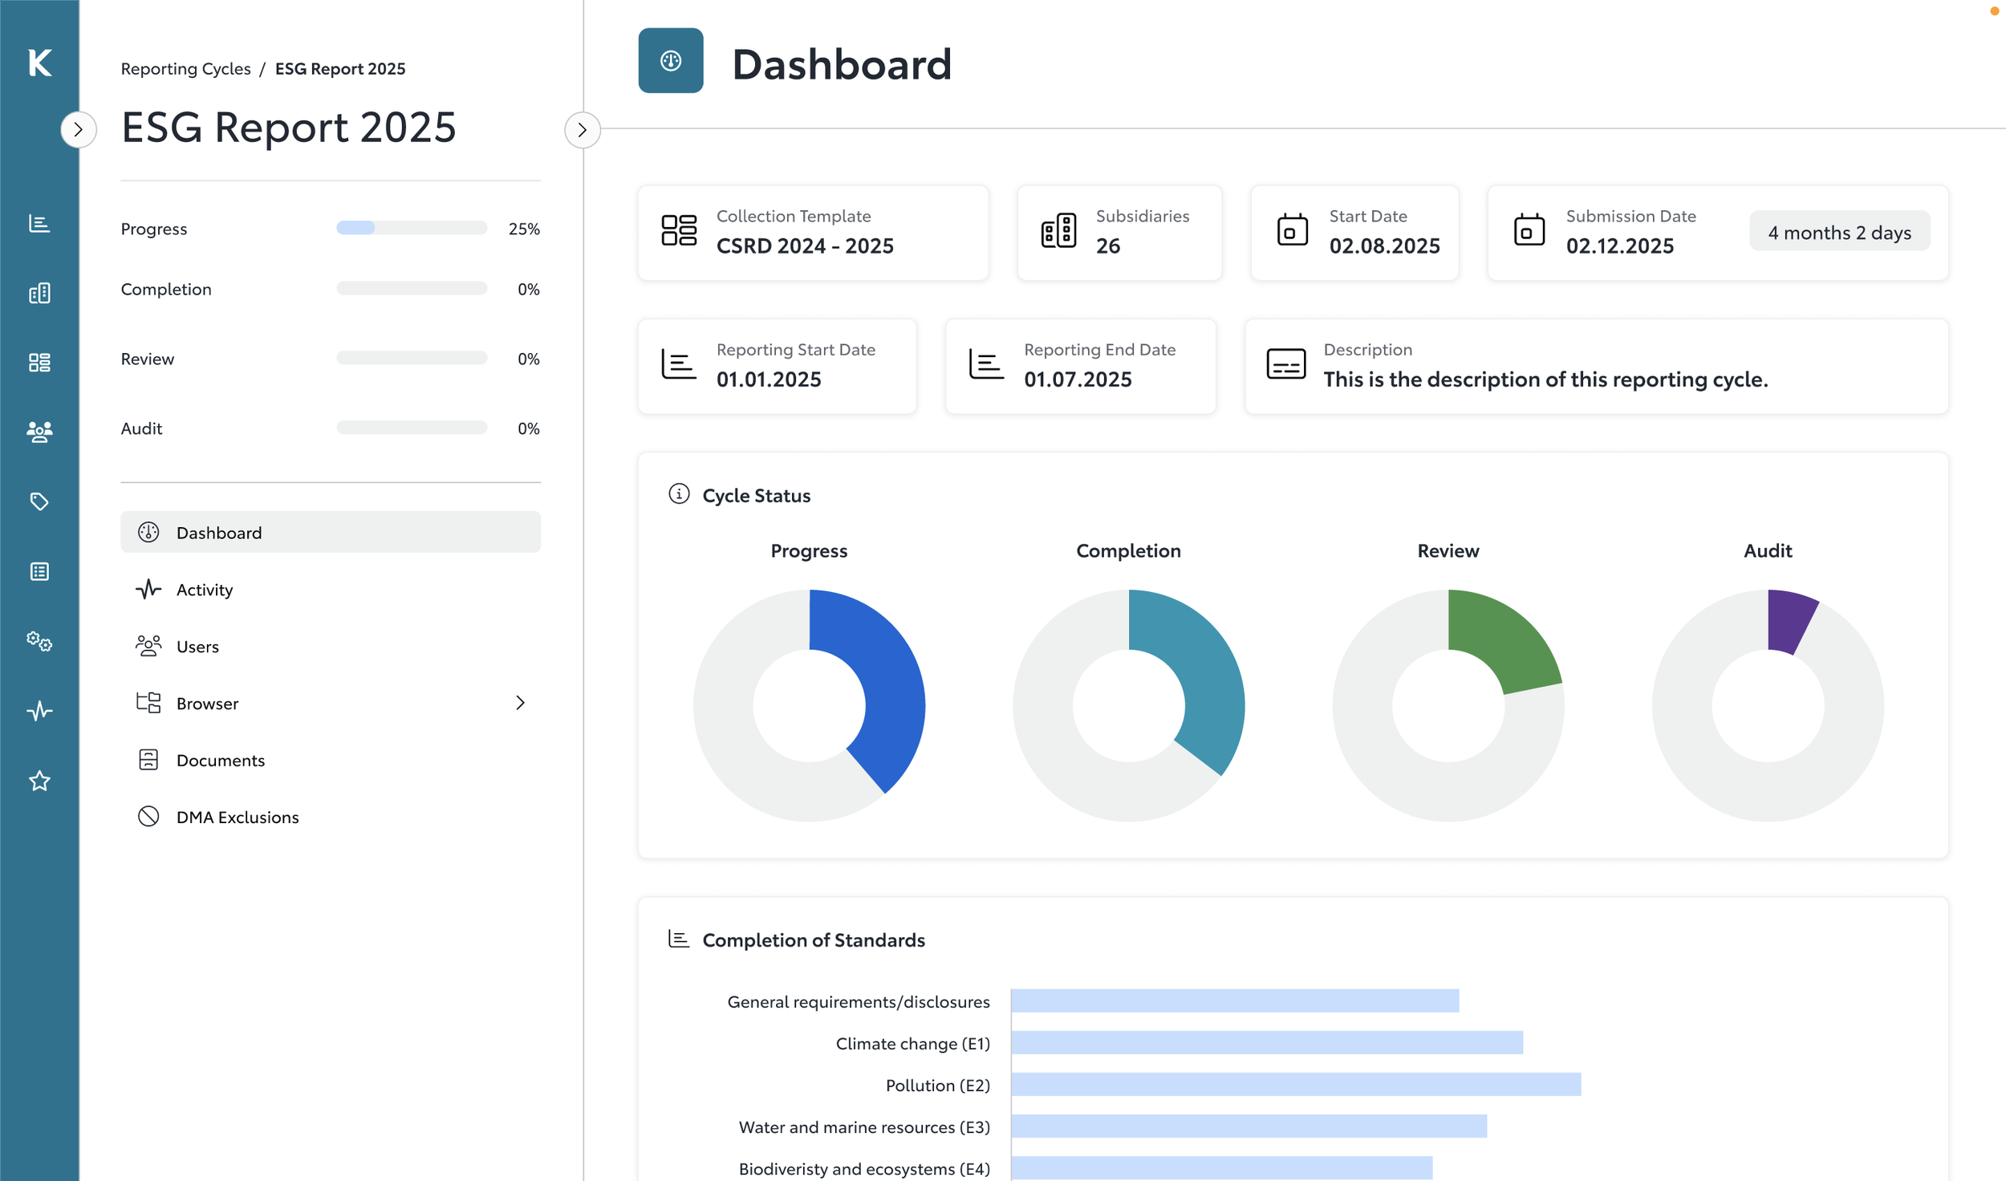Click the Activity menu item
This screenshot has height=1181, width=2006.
(x=204, y=590)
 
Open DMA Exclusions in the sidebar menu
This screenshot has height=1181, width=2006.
(x=237, y=817)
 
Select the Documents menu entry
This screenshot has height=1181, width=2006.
(x=220, y=760)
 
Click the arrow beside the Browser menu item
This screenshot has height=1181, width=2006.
(x=520, y=703)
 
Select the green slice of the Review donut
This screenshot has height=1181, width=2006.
(x=1500, y=642)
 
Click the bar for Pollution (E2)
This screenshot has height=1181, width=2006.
(x=1295, y=1085)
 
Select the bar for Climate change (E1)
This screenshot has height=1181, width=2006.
(x=1266, y=1043)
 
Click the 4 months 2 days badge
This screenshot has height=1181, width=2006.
(x=1839, y=233)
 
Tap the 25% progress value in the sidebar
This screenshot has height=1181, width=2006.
(x=524, y=229)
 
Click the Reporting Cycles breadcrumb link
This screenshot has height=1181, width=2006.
(x=185, y=69)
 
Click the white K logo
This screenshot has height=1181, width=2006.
(x=39, y=63)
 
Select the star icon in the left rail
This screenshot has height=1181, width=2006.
(x=39, y=781)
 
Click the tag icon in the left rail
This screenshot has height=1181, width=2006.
(x=39, y=501)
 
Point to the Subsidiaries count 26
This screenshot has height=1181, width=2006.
(x=1107, y=246)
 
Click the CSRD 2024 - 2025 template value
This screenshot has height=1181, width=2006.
(x=804, y=246)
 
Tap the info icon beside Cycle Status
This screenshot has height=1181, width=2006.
(x=679, y=494)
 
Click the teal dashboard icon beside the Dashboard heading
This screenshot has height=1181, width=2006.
(x=671, y=61)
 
